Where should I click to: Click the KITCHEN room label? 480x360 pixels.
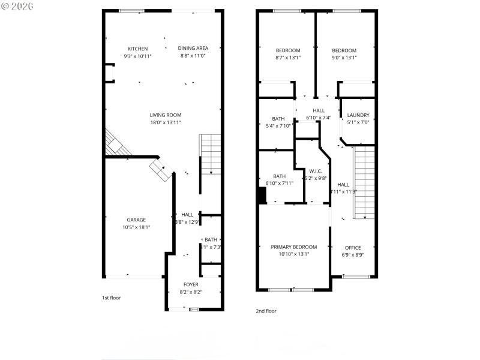coord(137,49)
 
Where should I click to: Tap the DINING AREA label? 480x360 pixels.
coord(193,49)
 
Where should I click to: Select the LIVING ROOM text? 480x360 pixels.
coord(166,115)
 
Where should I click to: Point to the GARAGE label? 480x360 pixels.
coord(136,220)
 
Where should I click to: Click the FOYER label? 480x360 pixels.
coord(191,285)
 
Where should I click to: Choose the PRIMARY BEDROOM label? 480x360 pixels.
coord(293,247)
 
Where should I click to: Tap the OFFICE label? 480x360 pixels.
coord(353,248)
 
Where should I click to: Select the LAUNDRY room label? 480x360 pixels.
coord(358,115)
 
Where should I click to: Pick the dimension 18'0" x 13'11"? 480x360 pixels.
coord(166,122)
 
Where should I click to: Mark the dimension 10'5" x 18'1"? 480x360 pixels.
coord(136,227)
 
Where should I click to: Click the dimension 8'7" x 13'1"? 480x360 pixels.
coord(287,58)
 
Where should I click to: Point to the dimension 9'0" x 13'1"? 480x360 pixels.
coord(344,58)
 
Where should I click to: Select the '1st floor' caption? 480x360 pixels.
coord(111,298)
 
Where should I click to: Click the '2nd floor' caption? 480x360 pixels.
coord(266,311)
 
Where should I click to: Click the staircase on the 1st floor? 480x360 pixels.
coord(210,155)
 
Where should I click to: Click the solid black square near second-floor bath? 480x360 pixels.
coord(262,196)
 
